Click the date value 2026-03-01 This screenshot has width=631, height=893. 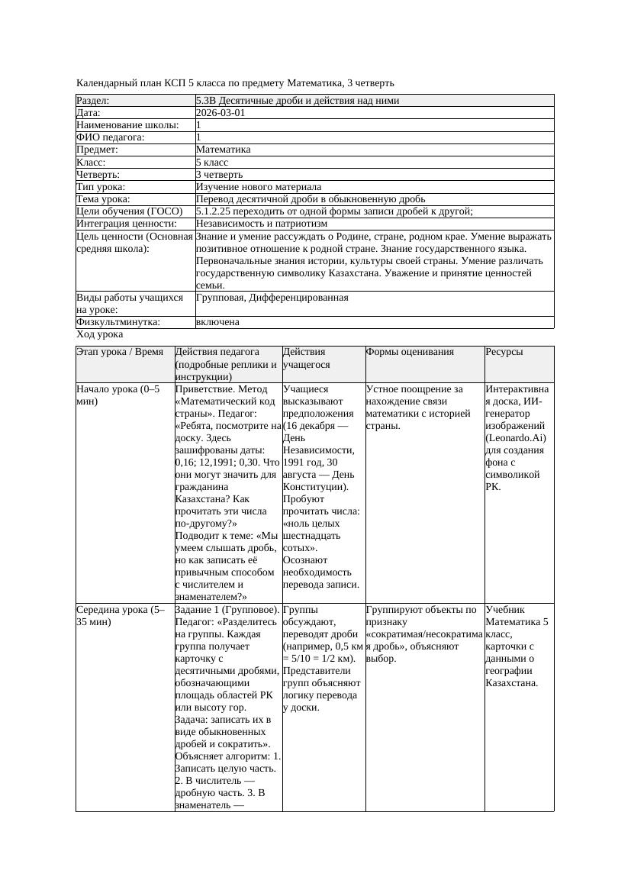[221, 113]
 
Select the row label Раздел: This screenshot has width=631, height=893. [93, 101]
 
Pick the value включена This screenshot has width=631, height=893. [217, 322]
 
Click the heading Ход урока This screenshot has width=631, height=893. [100, 334]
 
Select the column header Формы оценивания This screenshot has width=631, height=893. [410, 352]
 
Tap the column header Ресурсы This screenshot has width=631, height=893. [504, 352]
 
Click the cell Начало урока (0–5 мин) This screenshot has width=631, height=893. [118, 395]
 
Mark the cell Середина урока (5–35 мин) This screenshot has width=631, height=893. [121, 616]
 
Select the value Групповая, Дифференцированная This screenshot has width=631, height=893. [272, 298]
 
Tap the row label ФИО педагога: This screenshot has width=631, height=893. [111, 137]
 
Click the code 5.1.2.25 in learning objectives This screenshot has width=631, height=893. [214, 211]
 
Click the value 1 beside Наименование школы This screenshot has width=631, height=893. [198, 125]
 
